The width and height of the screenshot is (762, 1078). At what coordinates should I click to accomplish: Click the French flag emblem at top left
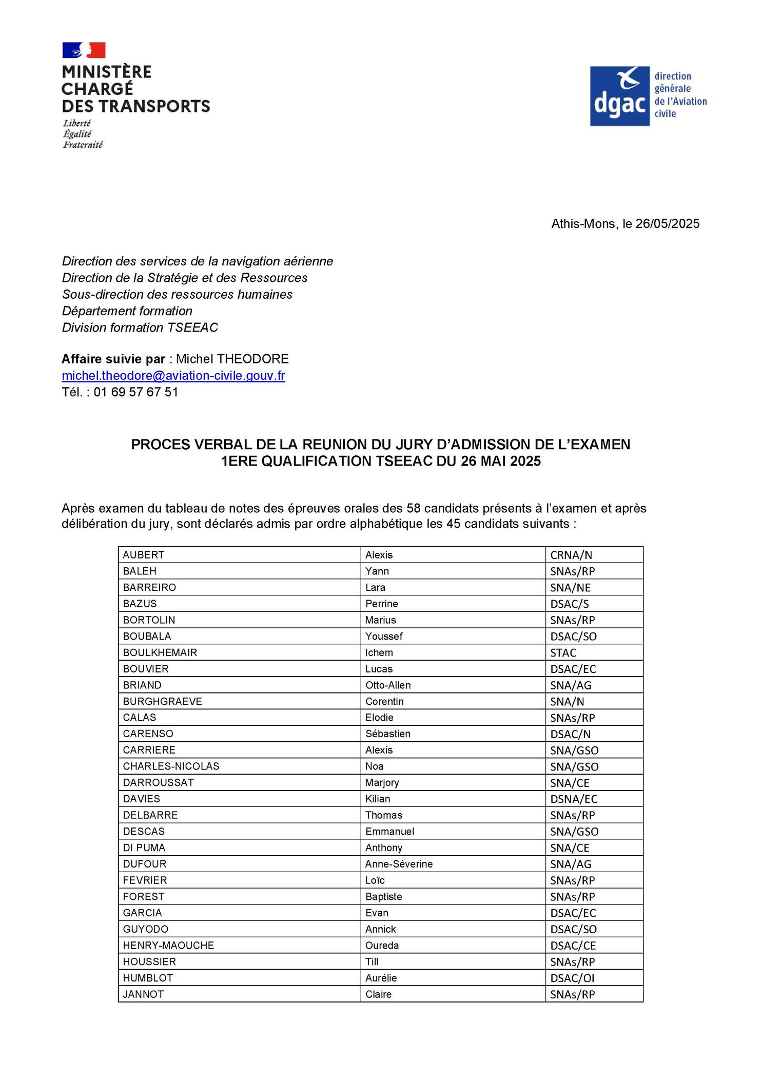coord(84,50)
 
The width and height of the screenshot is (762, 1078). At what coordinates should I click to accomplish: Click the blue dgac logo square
coord(619,96)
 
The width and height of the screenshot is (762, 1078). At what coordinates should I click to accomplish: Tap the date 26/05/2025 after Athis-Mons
coord(667,224)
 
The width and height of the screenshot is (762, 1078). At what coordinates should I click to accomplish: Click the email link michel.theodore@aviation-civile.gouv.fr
coord(173,376)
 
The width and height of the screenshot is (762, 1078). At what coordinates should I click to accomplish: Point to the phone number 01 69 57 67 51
coord(136,392)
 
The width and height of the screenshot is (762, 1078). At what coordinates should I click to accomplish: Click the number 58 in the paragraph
coord(414,508)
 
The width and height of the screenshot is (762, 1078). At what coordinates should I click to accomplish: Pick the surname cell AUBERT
coord(144,555)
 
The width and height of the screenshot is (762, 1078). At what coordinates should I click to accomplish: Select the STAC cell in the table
coord(563,653)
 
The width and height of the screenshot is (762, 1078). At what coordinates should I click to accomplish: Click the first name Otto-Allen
coord(388,685)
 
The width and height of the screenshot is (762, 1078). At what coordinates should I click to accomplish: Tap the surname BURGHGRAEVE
coord(163,702)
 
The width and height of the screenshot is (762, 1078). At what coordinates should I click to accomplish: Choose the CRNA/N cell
coord(571,555)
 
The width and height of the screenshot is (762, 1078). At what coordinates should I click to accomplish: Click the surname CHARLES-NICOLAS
coord(171,766)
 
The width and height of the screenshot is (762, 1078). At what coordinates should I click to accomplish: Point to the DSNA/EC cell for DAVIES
coord(574,799)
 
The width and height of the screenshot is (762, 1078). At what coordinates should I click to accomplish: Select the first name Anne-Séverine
coord(399,864)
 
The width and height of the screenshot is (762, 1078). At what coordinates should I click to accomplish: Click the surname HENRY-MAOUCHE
coord(168,946)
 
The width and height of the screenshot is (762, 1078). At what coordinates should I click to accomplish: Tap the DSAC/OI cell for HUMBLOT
coord(572,978)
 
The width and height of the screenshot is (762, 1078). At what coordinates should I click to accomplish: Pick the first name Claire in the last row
coord(378,994)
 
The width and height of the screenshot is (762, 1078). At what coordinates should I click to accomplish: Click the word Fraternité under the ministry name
coord(83,145)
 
